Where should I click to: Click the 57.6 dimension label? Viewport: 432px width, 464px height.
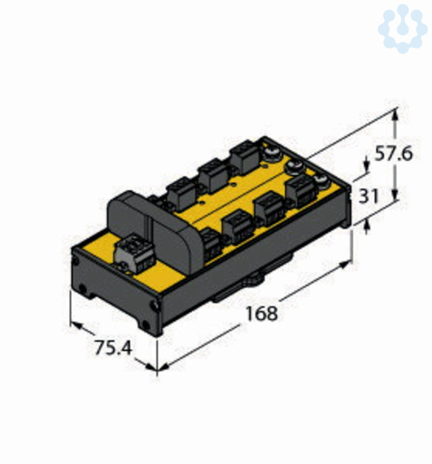(x=393, y=154)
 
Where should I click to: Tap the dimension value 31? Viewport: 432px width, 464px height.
(x=369, y=196)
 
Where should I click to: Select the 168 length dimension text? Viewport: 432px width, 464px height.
(x=262, y=314)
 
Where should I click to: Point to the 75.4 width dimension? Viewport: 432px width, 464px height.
(x=113, y=347)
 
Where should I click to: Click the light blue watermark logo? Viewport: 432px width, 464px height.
(x=403, y=29)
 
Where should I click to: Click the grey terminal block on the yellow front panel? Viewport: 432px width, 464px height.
(x=135, y=253)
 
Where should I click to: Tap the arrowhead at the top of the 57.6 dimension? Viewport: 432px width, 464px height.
(x=395, y=114)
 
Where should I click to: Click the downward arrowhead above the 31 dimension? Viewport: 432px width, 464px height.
(x=367, y=168)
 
